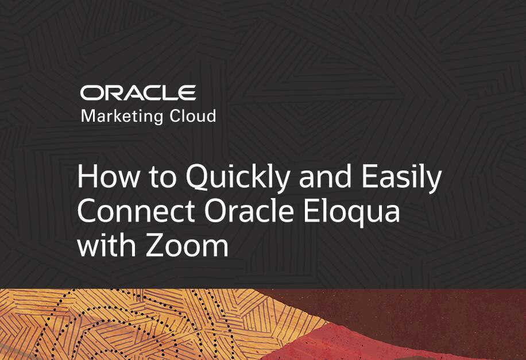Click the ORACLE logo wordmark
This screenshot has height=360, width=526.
pos(138,92)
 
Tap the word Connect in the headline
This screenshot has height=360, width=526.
pos(138,212)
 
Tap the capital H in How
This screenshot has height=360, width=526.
pos(87,179)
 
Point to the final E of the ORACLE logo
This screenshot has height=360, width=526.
pos(187,92)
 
